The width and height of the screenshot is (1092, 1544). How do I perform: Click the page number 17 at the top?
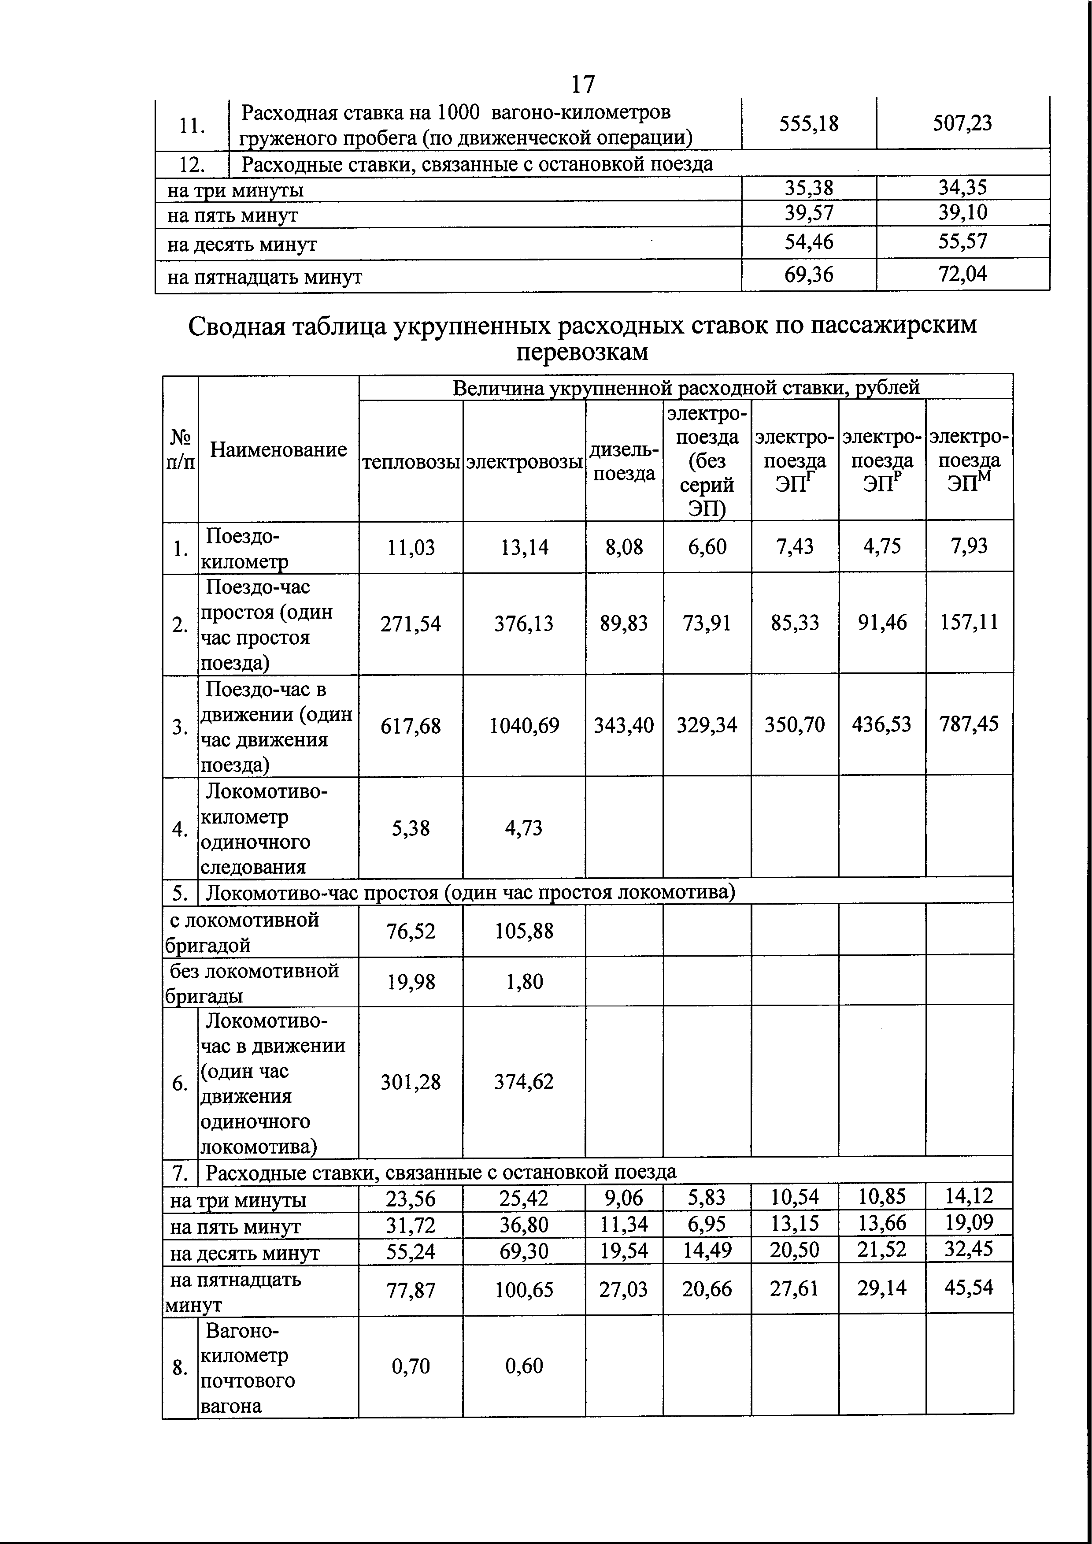[x=582, y=85]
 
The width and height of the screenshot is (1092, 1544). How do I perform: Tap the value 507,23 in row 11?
[x=962, y=123]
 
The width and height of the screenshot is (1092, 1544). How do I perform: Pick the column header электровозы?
[x=524, y=462]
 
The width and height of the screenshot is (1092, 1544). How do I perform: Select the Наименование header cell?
[x=278, y=449]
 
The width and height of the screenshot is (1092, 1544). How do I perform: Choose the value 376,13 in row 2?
[x=524, y=624]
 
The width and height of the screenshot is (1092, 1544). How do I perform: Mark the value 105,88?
[x=524, y=931]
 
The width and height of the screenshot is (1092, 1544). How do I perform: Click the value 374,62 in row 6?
[x=524, y=1081]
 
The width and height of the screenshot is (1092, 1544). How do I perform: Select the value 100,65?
[x=524, y=1290]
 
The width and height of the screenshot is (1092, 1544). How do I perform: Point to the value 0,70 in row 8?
[x=410, y=1366]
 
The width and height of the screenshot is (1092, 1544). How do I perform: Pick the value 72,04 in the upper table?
[x=962, y=274]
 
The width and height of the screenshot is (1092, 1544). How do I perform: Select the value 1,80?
[x=524, y=982]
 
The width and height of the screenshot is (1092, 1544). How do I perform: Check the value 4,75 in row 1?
[x=881, y=546]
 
